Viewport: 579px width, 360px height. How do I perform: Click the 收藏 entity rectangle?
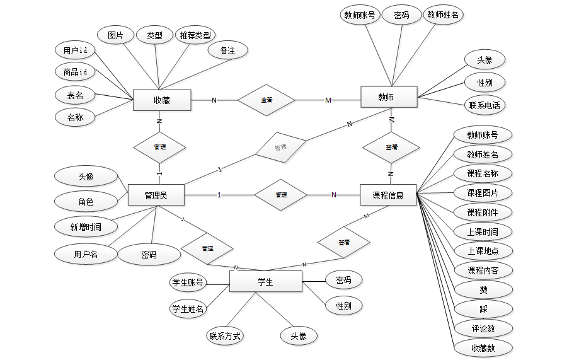point(162,100)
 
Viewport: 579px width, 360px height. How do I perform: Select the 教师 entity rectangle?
point(389,97)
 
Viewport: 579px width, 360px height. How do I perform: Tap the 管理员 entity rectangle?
point(156,195)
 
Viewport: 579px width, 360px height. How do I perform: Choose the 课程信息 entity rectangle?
point(388,195)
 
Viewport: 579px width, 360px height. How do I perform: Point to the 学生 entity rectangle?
point(265,281)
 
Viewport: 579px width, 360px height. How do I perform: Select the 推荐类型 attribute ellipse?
point(195,35)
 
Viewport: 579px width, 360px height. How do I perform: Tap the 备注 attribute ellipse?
point(227,50)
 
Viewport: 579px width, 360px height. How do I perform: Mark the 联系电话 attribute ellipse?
point(484,105)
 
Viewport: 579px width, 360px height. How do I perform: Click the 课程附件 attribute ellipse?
point(482,212)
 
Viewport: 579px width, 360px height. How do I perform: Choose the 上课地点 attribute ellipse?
point(483,250)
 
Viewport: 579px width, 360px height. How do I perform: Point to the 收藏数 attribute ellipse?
point(483,347)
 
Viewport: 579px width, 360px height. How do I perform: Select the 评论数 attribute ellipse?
point(483,328)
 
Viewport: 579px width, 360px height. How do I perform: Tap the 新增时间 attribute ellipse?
point(86,226)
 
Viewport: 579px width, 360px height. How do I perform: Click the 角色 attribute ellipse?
point(86,202)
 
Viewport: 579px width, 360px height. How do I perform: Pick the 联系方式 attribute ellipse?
point(225,336)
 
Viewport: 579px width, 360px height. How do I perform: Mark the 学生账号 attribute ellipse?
point(188,283)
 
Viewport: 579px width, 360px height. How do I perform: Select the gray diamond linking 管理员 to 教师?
point(280,148)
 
